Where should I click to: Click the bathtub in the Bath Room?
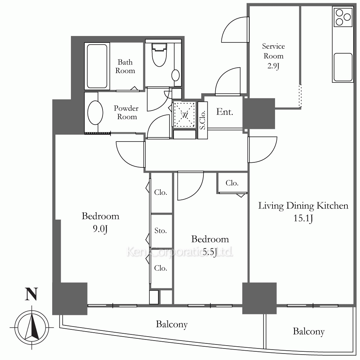[97, 66]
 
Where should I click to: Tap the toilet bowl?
[159, 54]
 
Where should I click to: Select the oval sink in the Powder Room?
[95, 112]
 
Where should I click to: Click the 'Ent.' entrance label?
[225, 112]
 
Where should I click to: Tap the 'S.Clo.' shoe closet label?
[202, 120]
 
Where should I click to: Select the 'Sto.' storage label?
[161, 230]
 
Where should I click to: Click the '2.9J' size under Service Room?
[273, 66]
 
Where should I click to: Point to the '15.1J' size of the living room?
[303, 218]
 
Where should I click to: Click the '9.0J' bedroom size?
[100, 229]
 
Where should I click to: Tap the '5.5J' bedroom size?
[210, 252]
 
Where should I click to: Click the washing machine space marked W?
[184, 114]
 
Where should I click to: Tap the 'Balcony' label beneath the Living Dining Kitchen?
[309, 331]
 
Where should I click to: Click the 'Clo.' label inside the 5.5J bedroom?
[232, 183]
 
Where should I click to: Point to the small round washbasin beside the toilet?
[176, 75]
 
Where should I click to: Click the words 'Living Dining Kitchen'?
[303, 206]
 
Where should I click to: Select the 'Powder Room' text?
[126, 112]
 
